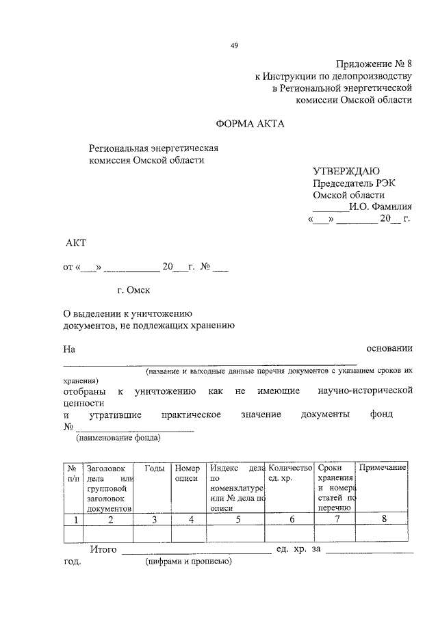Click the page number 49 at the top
click(234, 45)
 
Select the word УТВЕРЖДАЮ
click(346, 171)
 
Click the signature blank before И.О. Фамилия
click(330, 207)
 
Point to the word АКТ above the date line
click(76, 243)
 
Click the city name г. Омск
click(133, 290)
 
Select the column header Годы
click(154, 469)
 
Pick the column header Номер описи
click(188, 473)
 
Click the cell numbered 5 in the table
click(237, 520)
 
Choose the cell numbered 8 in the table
click(383, 520)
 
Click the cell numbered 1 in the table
click(73, 520)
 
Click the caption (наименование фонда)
click(118, 438)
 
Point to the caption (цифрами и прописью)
click(188, 562)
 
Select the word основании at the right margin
click(389, 349)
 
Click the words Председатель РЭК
click(355, 183)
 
